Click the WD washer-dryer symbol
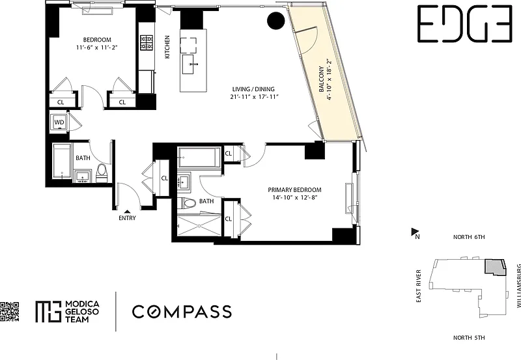coord(59,122)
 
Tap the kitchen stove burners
coord(147,43)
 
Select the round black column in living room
coord(276,20)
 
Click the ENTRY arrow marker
coord(127,212)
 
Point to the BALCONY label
coord(322,79)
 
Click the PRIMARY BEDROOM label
coord(295,190)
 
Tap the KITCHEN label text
coord(167,47)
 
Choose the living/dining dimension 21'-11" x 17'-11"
coord(253,97)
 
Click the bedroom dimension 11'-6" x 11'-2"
coord(97,48)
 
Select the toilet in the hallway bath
coord(101,173)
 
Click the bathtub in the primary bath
coord(199,157)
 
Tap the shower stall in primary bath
coord(199,225)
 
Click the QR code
coord(9,311)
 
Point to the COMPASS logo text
coord(182,312)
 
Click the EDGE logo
coord(464,23)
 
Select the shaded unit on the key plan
coord(495,267)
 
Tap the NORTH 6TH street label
coord(469,237)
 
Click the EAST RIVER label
coord(419,286)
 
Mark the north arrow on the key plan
coord(415,232)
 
